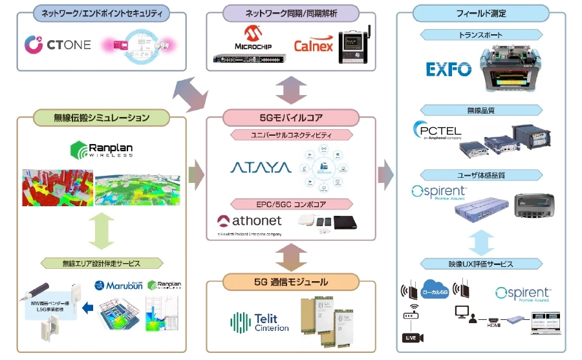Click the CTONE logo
[58, 44]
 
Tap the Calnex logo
[314, 45]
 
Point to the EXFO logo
[448, 69]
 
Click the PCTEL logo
[437, 131]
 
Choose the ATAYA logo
[260, 168]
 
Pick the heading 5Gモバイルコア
[291, 118]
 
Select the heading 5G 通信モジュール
[291, 282]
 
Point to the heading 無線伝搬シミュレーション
[101, 118]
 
